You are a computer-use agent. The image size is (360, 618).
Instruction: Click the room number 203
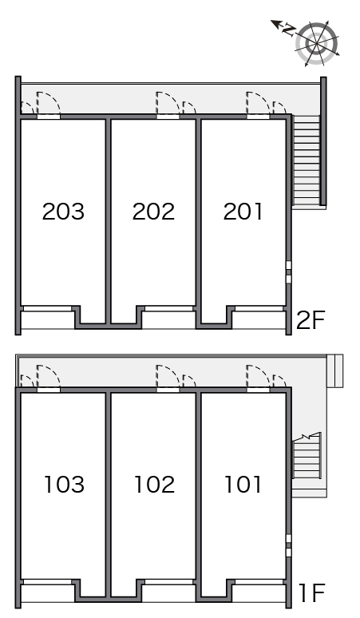click(63, 212)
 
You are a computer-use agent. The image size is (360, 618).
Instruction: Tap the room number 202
click(153, 212)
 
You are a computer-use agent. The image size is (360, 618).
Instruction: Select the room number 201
click(243, 212)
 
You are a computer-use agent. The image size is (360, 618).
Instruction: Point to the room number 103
click(64, 485)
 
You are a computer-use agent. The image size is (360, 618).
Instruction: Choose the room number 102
click(154, 485)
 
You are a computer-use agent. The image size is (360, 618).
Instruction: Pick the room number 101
click(243, 485)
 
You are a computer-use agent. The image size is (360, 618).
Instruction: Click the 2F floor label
click(311, 320)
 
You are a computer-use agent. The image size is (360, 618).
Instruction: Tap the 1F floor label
click(312, 593)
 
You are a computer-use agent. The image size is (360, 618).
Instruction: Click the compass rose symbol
click(317, 43)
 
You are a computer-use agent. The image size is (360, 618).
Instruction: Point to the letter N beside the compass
click(289, 30)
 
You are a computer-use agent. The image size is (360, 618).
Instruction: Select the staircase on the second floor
click(306, 160)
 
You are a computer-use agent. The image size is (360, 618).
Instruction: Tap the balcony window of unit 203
click(47, 309)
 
